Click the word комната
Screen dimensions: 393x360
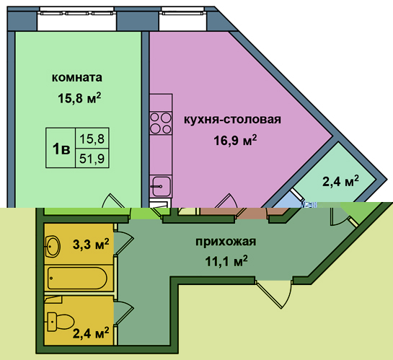(77, 77)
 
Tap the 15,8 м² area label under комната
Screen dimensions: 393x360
(79, 98)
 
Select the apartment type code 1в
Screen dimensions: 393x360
(61, 149)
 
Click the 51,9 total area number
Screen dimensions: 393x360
(92, 159)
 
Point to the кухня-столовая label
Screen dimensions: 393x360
(233, 119)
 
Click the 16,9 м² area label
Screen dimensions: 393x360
(235, 140)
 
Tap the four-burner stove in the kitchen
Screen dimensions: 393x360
(161, 123)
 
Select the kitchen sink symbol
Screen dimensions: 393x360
(161, 186)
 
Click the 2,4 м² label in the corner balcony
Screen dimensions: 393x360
(340, 181)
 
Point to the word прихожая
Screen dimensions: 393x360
(226, 242)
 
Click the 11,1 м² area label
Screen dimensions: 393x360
(226, 261)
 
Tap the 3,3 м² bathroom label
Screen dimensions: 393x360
(91, 244)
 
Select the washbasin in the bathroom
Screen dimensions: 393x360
(53, 246)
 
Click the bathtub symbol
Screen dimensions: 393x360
(77, 278)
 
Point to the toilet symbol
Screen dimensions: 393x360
(61, 321)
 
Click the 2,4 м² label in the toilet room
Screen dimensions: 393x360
(91, 333)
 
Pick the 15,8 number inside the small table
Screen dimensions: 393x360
(92, 139)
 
